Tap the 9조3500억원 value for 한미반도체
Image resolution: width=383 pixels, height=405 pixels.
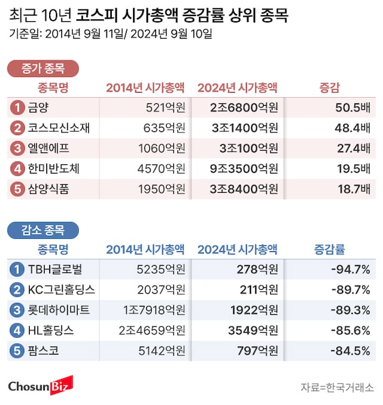243,169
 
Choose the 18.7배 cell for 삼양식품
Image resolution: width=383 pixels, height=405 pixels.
353,190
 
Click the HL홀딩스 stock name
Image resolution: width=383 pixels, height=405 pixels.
52,330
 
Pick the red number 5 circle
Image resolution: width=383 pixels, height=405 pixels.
17,190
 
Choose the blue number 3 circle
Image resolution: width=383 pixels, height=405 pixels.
17,310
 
